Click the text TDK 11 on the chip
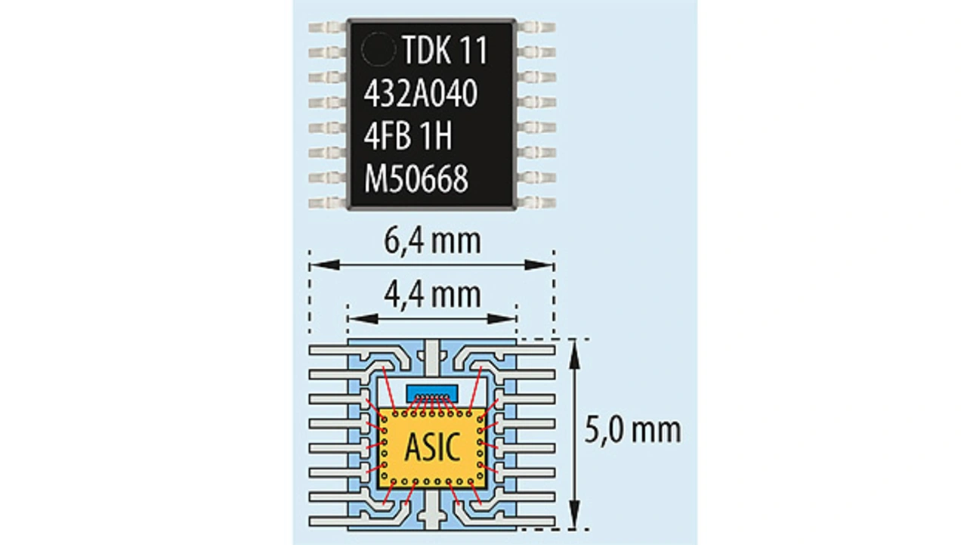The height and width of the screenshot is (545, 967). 445,51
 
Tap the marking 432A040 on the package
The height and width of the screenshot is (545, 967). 421,94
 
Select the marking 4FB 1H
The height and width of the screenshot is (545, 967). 408,138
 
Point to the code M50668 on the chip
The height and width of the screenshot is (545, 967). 416,180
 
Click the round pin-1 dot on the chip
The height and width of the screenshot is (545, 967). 378,51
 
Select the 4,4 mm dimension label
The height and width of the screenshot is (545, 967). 431,293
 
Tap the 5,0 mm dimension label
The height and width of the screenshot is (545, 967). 633,430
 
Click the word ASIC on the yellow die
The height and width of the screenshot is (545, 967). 431,447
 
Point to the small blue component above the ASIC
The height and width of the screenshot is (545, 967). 431,393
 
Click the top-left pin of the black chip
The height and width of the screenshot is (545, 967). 328,28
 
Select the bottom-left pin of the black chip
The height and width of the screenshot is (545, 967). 328,203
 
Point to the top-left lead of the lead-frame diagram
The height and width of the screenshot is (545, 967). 328,350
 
